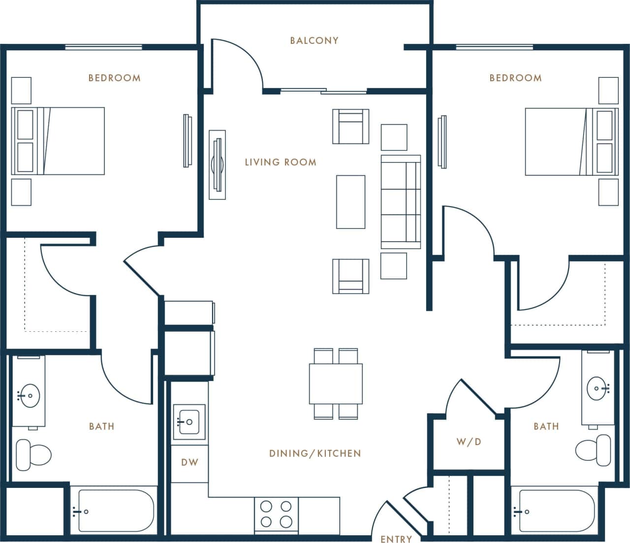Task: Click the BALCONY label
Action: tap(314, 40)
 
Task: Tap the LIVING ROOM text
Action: tap(281, 162)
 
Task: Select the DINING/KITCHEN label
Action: tap(315, 453)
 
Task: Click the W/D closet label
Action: tap(469, 442)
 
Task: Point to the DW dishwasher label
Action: tap(189, 462)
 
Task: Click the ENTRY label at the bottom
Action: tap(396, 539)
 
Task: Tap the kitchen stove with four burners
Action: tap(276, 514)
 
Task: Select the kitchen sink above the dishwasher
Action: tap(189, 422)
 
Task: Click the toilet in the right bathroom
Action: tap(594, 449)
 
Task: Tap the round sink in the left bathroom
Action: tap(30, 396)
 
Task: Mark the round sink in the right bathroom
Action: tap(598, 388)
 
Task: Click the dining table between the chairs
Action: tap(336, 383)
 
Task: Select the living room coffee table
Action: tap(350, 202)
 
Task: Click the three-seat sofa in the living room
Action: tap(401, 202)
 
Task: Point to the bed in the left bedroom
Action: tap(58, 141)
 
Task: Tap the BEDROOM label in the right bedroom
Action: tap(515, 78)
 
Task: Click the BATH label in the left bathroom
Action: tap(101, 426)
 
